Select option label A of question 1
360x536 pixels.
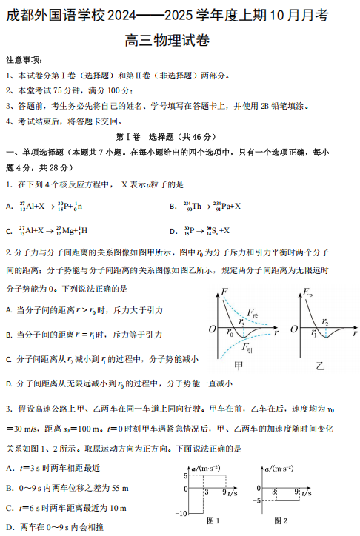tap(9, 207)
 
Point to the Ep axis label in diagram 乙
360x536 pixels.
tap(306, 295)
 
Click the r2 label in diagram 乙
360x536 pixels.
tap(325, 321)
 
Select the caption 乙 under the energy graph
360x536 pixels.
tap(320, 364)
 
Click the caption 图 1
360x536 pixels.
tap(214, 521)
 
